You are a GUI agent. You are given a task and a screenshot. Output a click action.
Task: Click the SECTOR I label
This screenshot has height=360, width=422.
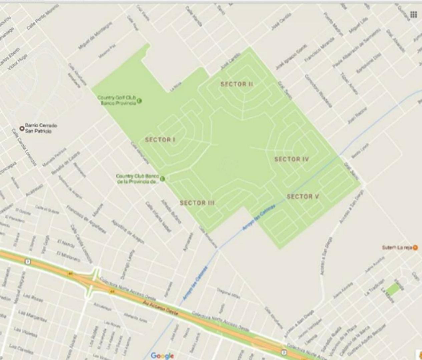(x=160, y=140)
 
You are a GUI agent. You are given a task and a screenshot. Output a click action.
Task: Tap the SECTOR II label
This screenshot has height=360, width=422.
(x=237, y=84)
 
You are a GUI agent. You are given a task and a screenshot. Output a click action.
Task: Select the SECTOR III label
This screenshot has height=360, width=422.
(x=197, y=203)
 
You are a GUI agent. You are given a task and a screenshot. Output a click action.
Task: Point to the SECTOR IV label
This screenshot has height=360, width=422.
(x=292, y=159)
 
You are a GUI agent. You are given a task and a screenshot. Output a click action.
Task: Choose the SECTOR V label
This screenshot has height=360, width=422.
(x=303, y=196)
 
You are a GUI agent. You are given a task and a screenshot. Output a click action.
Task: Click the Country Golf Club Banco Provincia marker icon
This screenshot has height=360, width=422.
(x=139, y=100)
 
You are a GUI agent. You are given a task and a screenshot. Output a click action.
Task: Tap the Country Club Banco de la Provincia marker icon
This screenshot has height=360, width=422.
(x=162, y=179)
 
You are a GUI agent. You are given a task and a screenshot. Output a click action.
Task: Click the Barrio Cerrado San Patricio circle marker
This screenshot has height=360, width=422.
(x=22, y=128)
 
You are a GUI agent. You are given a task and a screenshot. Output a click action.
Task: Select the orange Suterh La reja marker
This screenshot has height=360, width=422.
(x=415, y=248)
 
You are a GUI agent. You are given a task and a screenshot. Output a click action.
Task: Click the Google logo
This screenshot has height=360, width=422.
(x=162, y=356)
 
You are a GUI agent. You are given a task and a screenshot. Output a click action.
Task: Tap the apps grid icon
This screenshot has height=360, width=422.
(x=414, y=14)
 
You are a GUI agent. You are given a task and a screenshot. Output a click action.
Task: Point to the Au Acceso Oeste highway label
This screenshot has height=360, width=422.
(x=160, y=308)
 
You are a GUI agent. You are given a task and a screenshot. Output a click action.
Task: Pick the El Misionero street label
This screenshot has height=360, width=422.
(x=68, y=256)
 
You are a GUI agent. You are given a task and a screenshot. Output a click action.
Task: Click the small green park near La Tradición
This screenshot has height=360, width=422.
(x=394, y=288)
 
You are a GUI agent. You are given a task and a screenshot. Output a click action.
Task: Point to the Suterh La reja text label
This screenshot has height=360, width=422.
(x=397, y=248)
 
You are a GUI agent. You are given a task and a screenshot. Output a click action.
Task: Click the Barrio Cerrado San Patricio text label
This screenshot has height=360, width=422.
(x=41, y=128)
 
